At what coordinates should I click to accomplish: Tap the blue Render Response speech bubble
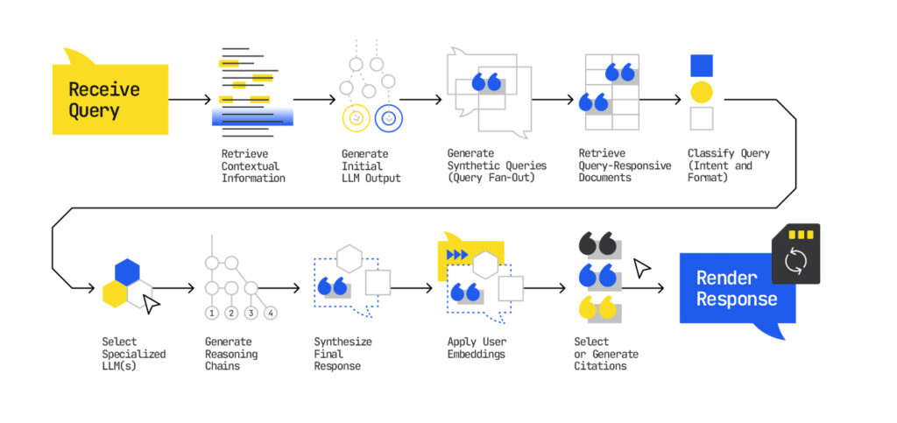pos(736,288)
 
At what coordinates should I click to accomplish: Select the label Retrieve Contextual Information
pos(253,166)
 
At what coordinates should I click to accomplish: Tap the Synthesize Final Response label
pos(337,354)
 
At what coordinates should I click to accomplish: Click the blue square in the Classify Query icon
pos(701,66)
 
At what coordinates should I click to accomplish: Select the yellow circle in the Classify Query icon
pos(701,92)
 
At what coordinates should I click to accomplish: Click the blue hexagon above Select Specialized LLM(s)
pos(127,271)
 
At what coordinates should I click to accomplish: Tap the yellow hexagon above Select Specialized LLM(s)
pos(114,293)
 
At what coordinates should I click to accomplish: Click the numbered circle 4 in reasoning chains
pos(271,313)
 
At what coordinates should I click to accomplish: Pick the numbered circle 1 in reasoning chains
pos(211,313)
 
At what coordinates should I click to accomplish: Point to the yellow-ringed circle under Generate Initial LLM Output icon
pos(356,117)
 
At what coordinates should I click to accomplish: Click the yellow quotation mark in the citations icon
pos(596,307)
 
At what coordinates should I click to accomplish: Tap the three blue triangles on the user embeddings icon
pos(456,255)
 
